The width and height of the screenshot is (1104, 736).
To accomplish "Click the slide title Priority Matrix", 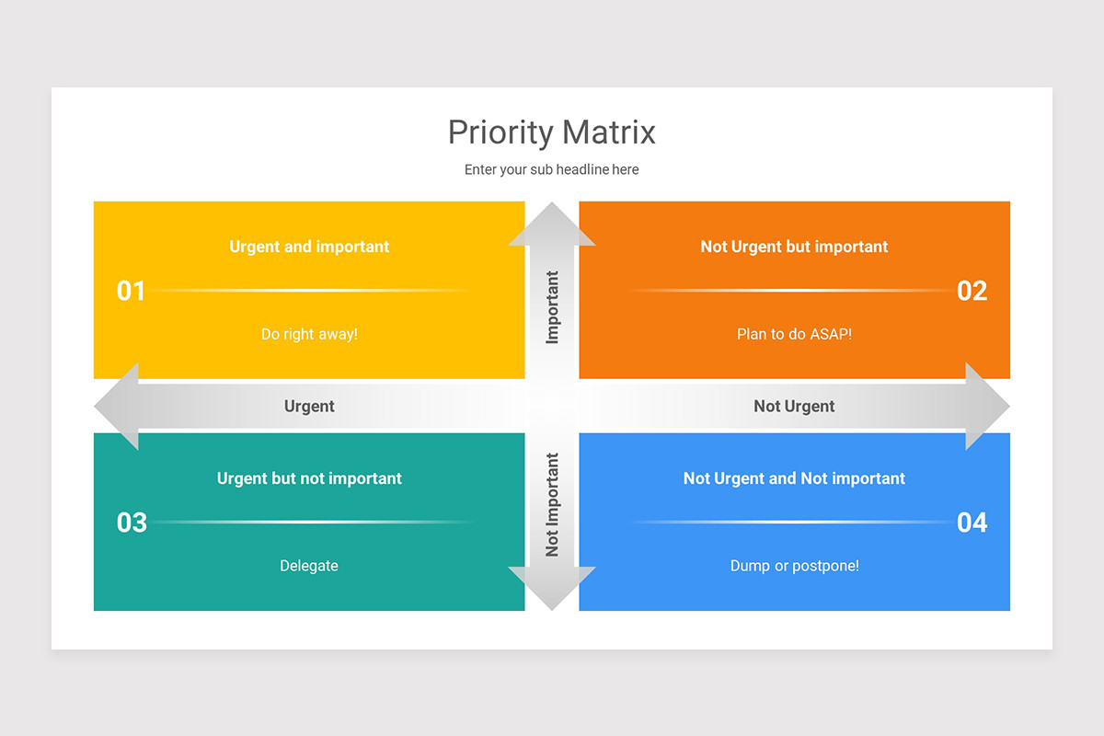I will [551, 132].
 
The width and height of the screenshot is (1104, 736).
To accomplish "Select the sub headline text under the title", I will [551, 169].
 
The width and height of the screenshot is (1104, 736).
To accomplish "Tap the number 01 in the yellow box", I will [131, 291].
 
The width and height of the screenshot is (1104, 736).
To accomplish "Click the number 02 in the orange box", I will [972, 291].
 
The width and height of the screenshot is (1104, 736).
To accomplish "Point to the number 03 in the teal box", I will [132, 523].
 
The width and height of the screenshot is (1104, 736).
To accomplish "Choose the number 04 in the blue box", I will [972, 523].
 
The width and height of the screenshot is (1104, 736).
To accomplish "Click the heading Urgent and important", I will [309, 247].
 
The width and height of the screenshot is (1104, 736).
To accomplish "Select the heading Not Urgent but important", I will [794, 247].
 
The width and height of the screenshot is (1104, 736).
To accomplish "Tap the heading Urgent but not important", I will [309, 478].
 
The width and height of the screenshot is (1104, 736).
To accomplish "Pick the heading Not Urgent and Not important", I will [794, 478].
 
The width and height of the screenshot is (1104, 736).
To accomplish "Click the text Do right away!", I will [309, 334].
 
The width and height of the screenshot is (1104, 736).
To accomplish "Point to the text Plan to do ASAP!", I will [794, 334].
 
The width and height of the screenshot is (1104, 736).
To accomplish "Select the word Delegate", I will [309, 566].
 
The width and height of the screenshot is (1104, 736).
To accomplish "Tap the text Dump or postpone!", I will [794, 566].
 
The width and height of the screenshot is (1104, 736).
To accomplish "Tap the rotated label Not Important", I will [552, 504].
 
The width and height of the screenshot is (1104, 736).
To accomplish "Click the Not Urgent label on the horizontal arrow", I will [794, 407].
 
